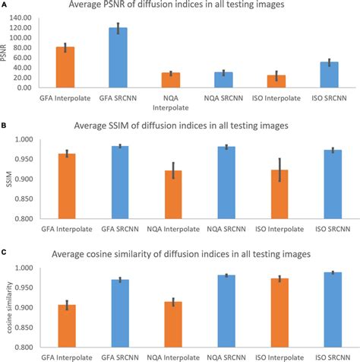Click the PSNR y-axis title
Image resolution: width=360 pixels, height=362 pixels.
6,52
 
